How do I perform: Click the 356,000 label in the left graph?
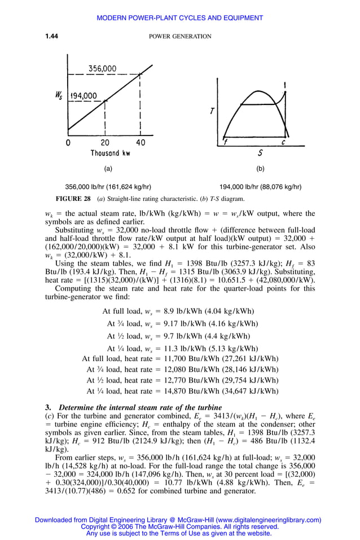pyautogui.click(x=102, y=69)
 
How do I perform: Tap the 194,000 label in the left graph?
pyautogui.click(x=84, y=95)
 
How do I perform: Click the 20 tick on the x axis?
pyautogui.click(x=106, y=143)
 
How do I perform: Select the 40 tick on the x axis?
pyautogui.click(x=140, y=143)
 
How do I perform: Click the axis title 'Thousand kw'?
pyautogui.click(x=110, y=153)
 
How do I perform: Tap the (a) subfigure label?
pyautogui.click(x=108, y=169)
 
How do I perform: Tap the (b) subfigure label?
pyautogui.click(x=260, y=169)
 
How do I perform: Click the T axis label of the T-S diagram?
pyautogui.click(x=212, y=111)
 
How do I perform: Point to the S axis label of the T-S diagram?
pyautogui.click(x=260, y=152)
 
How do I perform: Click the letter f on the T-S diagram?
pyautogui.click(x=225, y=142)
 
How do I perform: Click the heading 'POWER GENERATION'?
pyautogui.click(x=179, y=37)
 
